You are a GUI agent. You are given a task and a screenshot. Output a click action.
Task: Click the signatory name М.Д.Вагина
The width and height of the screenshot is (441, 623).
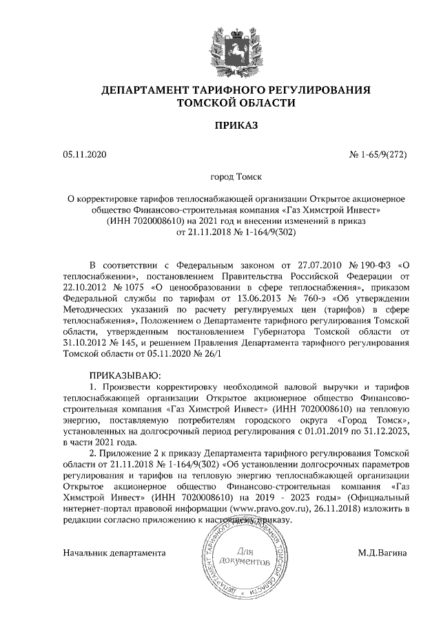click(382, 553)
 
